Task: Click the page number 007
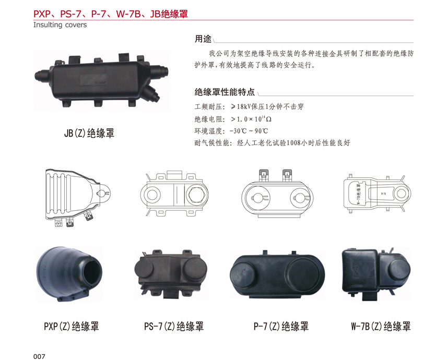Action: tap(39, 356)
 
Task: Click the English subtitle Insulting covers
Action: tap(60, 25)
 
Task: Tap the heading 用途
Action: tap(203, 39)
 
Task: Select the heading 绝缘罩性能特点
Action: tap(225, 92)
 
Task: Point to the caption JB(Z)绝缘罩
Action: tap(89, 133)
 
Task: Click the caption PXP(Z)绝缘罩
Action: tap(72, 326)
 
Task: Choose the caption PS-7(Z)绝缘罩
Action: tap(174, 326)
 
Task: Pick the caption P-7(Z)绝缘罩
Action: tap(281, 326)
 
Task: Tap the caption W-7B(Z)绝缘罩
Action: tap(381, 326)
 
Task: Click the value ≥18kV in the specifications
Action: tap(241, 106)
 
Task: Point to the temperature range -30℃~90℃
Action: tap(249, 131)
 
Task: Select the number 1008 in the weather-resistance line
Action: tap(293, 142)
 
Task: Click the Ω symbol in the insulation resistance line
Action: tap(268, 119)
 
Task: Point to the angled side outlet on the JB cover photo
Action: tap(151, 93)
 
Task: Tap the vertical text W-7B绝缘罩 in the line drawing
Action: tap(358, 194)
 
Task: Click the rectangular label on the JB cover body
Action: tap(93, 80)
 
